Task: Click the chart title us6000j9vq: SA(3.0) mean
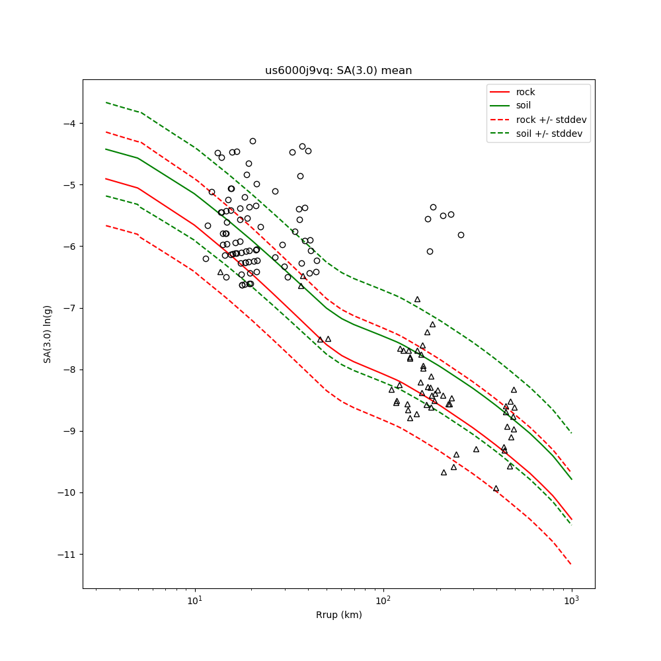pos(338,71)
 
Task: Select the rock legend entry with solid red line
pos(525,92)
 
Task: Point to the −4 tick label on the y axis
pos(69,124)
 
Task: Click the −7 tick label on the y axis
pos(69,308)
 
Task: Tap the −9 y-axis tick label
pos(69,431)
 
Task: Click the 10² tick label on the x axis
pos(383,601)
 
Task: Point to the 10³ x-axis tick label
pos(572,601)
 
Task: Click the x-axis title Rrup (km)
pos(338,615)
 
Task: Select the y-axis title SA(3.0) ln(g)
pos(48,334)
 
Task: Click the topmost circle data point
pos(253,141)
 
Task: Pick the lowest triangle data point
pos(496,488)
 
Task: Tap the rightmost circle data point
pos(461,235)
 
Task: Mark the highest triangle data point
pos(417,299)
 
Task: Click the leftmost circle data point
pos(206,258)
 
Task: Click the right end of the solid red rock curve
pos(571,520)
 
